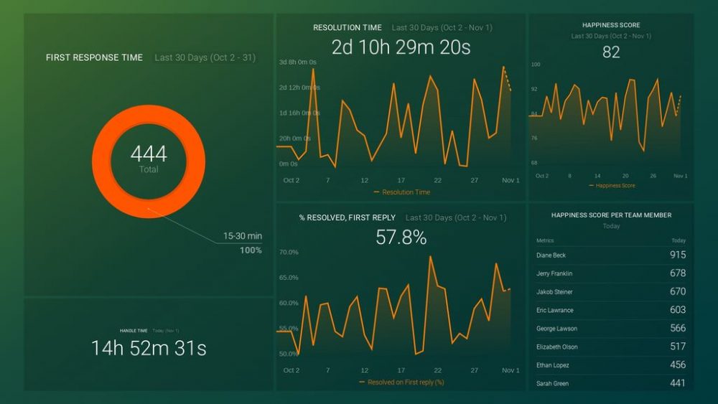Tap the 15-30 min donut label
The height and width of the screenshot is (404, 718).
pos(242,235)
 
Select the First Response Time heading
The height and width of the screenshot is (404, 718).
pos(94,57)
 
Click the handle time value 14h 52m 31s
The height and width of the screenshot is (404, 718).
pos(149,348)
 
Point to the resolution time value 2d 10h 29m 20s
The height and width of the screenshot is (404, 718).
pos(401,47)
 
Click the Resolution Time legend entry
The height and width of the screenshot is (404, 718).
pos(402,192)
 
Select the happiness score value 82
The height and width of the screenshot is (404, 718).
pos(611,52)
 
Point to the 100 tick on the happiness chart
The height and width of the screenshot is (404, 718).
pos(536,65)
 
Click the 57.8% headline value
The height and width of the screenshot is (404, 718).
pos(401,238)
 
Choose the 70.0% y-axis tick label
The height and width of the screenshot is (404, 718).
pos(289,253)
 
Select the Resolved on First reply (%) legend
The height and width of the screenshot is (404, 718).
pos(402,382)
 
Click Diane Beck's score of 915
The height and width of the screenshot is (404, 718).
pos(677,255)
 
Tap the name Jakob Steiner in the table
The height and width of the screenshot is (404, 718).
pos(554,292)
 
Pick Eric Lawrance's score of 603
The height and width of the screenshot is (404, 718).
pos(677,310)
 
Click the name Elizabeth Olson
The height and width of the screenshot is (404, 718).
pos(556,347)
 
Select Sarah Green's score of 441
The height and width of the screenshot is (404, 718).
pos(677,383)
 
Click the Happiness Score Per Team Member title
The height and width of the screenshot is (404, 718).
pos(611,215)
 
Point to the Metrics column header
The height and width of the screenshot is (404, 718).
pos(545,240)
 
